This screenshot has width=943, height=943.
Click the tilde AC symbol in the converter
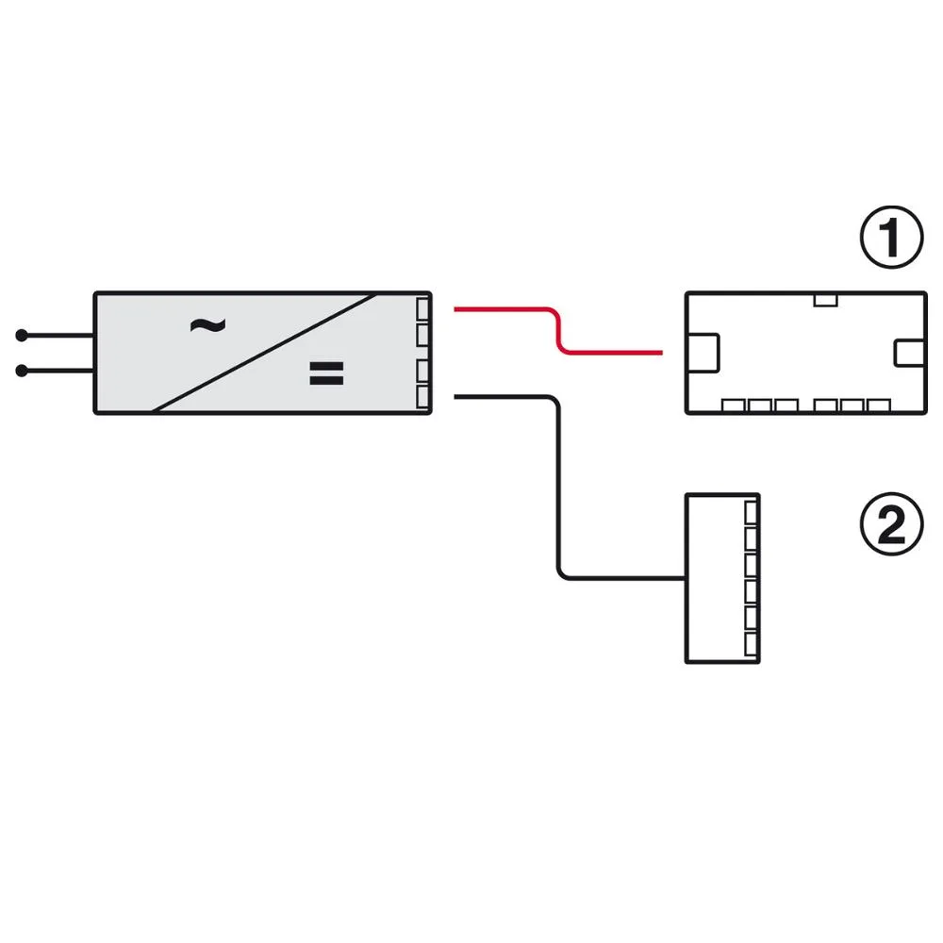(x=207, y=325)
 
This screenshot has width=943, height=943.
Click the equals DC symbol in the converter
(x=326, y=372)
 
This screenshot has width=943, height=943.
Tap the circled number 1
(x=891, y=237)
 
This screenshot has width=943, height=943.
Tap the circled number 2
(x=891, y=523)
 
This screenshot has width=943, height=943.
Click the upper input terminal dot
(x=22, y=335)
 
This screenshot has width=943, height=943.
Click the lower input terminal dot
(x=22, y=371)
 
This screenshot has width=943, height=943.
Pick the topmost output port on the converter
(x=422, y=309)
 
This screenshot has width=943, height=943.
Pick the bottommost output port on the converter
(x=422, y=397)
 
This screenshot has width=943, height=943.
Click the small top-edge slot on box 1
(x=825, y=300)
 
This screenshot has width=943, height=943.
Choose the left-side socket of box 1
(x=703, y=353)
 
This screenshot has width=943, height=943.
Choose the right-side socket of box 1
(x=909, y=353)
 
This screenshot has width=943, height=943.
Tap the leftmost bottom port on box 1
(x=733, y=405)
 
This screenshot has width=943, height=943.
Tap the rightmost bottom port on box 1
(x=879, y=405)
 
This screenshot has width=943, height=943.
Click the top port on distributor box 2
(x=752, y=513)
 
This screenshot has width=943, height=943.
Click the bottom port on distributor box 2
(x=752, y=644)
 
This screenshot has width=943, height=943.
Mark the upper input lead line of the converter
(x=58, y=335)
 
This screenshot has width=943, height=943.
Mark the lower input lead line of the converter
(x=58, y=371)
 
